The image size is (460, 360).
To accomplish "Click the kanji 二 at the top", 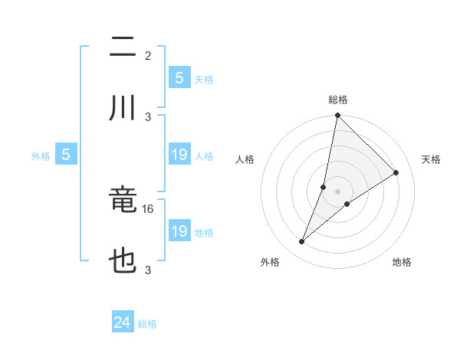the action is coord(123,48).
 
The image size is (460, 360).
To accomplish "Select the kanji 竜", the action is coord(123,201).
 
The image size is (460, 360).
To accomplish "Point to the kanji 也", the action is coord(123,261).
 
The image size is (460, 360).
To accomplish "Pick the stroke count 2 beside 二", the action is coord(148,56).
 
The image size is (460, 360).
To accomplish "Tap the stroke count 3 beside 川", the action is coord(148,116).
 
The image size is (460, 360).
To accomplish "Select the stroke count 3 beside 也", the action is coord(148,270).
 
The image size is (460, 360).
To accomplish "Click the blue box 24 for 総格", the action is coord(123,322).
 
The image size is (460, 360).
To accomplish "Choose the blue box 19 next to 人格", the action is coord(179,155).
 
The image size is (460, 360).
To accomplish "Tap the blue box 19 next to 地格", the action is coord(179,231).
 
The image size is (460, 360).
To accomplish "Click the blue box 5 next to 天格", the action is coord(179,78).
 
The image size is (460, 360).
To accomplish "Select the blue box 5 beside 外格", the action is coord(66,155).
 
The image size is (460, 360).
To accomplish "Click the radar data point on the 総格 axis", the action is coord(337,116).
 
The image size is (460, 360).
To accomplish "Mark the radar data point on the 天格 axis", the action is coord(396,172).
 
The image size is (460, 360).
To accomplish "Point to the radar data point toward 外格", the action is coord(302,242).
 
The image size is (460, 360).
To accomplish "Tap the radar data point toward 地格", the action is coord(347,203).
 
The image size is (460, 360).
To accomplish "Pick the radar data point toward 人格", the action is coord(324,187).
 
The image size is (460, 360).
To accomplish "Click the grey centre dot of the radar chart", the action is coord(337,191).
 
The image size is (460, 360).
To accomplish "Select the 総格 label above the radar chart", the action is coord(338,100).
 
